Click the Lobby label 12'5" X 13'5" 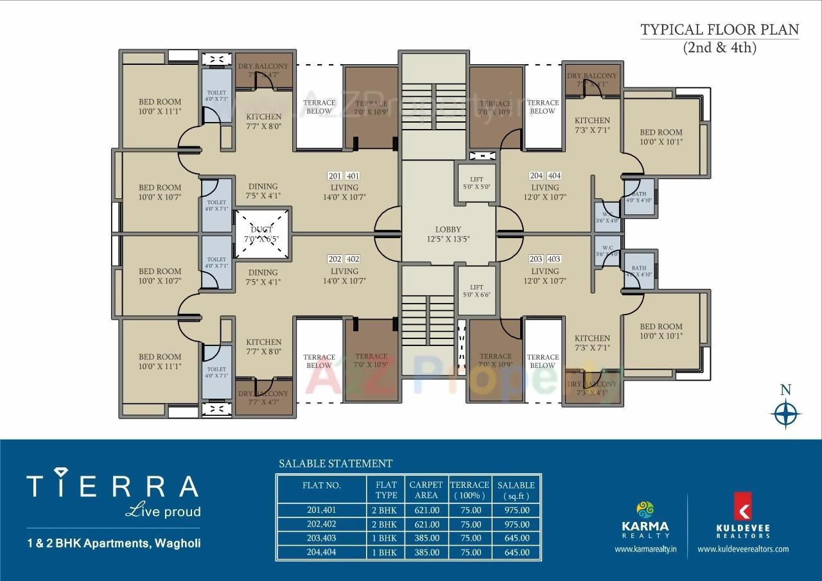tap(448, 234)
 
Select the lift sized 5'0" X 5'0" tap(476, 183)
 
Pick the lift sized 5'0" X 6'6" tap(476, 291)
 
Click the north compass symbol tap(785, 412)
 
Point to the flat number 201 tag tap(335, 176)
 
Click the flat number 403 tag tap(554, 259)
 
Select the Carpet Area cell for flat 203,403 tap(426, 538)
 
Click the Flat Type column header tap(386, 490)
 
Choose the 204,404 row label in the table tap(321, 552)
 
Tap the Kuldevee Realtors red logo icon tap(743, 507)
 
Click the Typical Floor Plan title tap(719, 30)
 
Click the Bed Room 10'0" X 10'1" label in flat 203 tap(661, 331)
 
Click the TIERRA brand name tap(112, 486)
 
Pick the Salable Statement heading tap(335, 464)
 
